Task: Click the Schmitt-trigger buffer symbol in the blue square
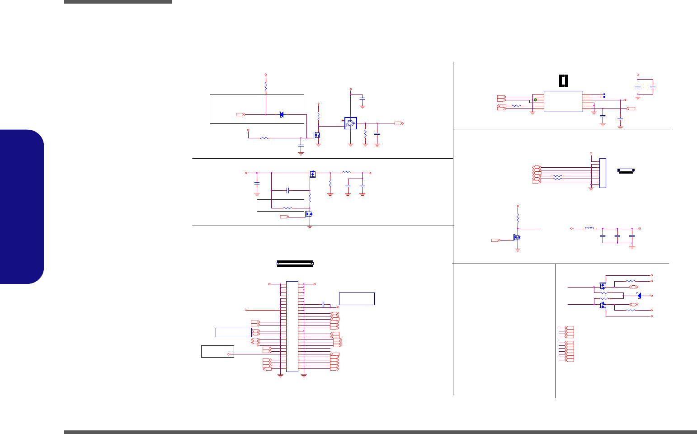pyautogui.click(x=351, y=123)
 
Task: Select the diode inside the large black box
pyautogui.click(x=282, y=114)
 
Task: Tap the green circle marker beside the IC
pyautogui.click(x=535, y=100)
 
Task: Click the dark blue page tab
pyautogui.click(x=22, y=207)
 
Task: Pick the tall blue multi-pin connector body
pyautogui.click(x=292, y=326)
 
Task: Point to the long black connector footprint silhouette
pyautogui.click(x=295, y=263)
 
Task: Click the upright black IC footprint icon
pyautogui.click(x=563, y=80)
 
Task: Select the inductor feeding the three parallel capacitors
pyautogui.click(x=589, y=228)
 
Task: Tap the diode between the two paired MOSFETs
pyautogui.click(x=639, y=296)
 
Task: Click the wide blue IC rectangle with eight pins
pyautogui.click(x=563, y=101)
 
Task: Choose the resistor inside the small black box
pyautogui.click(x=287, y=208)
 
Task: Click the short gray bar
pyautogui.click(x=118, y=2)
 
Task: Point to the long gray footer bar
pyautogui.click(x=380, y=432)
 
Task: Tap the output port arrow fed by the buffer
pyautogui.click(x=399, y=123)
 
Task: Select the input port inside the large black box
pyautogui.click(x=240, y=114)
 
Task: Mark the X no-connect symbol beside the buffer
pyautogui.click(x=342, y=120)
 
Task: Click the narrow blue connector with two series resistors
pyautogui.click(x=603, y=173)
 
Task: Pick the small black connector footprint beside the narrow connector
pyautogui.click(x=626, y=170)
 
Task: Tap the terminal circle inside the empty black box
pyautogui.click(x=229, y=354)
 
